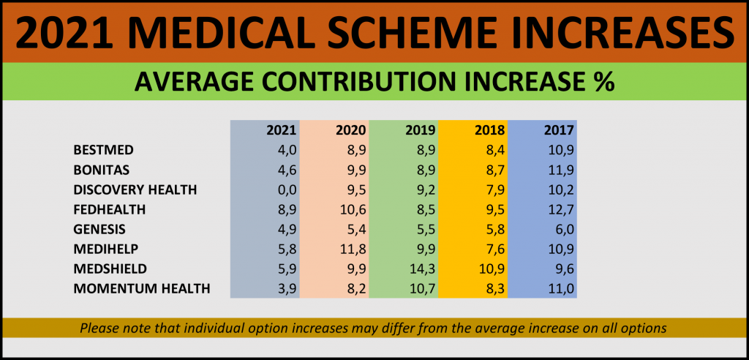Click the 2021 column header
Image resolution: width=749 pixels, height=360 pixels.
click(282, 130)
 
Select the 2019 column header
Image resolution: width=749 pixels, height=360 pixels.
click(421, 130)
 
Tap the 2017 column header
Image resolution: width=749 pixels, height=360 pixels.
click(559, 130)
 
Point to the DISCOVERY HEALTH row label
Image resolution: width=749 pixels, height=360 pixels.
click(135, 190)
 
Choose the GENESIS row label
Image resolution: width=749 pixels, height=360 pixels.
click(99, 229)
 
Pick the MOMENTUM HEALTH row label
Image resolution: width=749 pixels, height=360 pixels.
click(142, 288)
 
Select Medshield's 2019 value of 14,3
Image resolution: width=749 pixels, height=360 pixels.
click(424, 269)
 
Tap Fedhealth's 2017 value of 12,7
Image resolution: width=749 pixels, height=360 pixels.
click(561, 209)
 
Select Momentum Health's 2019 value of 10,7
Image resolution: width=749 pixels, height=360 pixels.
click(424, 288)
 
